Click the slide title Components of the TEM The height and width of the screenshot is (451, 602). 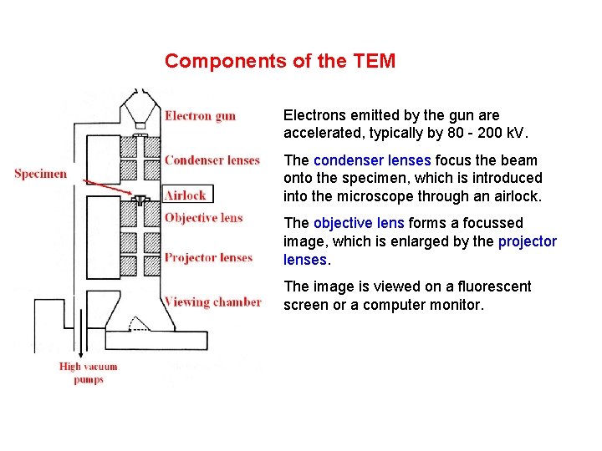point(280,61)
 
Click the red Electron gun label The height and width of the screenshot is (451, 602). point(200,116)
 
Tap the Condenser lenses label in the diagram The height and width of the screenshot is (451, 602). point(212,160)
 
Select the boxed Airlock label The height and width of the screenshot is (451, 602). point(185,195)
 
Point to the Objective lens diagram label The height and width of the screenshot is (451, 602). point(203,218)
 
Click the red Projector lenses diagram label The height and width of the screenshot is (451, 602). point(208,257)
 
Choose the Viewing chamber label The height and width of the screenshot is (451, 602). point(212,302)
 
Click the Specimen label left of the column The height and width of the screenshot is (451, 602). point(40,174)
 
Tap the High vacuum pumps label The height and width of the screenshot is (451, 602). point(88,372)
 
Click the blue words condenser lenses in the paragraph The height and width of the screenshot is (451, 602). point(372,160)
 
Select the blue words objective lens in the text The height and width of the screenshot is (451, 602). point(360,223)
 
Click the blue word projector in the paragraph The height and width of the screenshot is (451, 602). point(528,241)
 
